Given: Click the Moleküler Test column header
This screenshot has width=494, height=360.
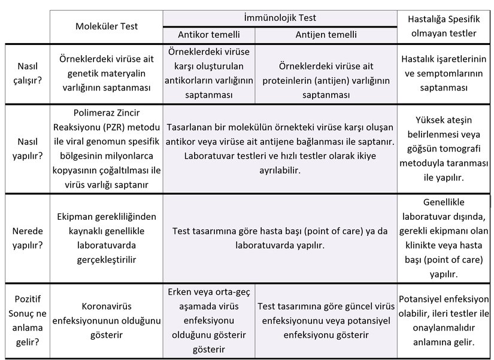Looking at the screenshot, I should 107,26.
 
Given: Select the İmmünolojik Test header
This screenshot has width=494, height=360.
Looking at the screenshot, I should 280,18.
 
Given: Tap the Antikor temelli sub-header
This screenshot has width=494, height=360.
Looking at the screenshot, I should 208,34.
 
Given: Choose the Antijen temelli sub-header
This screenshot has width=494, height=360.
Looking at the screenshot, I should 326,34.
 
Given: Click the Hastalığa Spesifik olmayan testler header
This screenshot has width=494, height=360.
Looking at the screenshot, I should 445,26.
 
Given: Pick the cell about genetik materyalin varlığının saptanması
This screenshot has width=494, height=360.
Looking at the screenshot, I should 107,74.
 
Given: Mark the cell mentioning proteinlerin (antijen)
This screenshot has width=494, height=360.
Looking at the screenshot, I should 326,74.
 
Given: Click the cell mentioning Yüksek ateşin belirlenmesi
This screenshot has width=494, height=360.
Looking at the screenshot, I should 445,149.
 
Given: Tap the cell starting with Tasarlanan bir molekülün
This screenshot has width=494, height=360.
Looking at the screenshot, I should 280,149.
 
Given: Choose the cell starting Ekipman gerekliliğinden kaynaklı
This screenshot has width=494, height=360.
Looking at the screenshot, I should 107,238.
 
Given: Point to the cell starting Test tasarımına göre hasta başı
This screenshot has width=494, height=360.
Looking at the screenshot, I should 280,238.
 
